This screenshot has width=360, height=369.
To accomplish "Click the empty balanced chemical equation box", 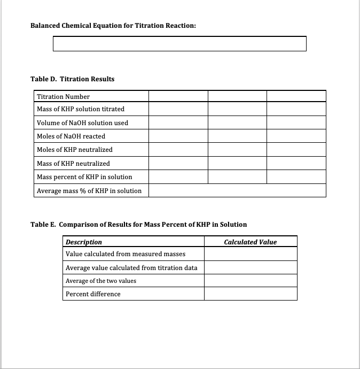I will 179,44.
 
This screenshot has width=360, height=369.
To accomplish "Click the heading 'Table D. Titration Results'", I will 73,79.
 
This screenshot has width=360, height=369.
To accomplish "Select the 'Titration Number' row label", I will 63,97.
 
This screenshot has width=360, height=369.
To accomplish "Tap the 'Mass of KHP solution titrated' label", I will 81,109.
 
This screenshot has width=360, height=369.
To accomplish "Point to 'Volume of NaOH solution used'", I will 82,123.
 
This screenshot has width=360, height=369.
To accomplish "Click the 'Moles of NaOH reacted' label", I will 71,136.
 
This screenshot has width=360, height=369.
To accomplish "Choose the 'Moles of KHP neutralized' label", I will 75,150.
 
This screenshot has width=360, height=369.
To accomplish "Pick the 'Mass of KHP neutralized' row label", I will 73,164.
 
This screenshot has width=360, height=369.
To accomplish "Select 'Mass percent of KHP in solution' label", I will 84,177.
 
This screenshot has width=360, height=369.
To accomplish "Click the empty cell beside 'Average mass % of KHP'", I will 237,190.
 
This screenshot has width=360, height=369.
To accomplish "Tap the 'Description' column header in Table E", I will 83,242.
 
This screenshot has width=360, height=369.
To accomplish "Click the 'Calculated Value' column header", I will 250,242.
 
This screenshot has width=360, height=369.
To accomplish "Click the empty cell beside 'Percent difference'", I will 250,294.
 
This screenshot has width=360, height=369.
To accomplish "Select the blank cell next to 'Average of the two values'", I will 250,281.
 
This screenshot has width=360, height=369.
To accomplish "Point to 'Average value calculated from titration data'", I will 131,267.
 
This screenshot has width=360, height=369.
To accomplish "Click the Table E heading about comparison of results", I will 139,225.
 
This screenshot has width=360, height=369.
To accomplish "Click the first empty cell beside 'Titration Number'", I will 178,96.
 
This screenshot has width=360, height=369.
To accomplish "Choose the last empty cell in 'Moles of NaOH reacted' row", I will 296,136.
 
